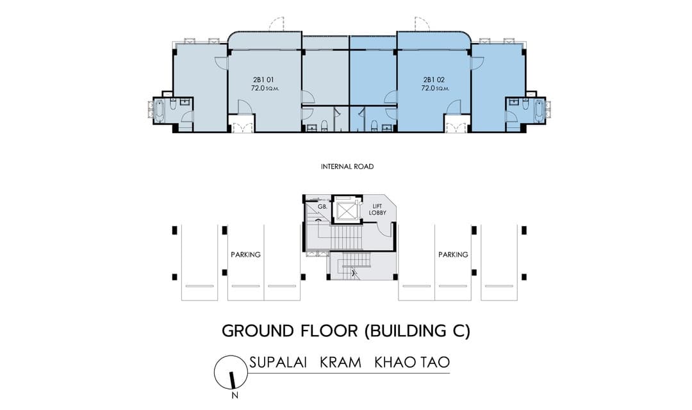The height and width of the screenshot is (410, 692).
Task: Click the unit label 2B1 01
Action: click(x=263, y=80)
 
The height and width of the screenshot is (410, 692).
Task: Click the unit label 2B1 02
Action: click(x=434, y=80)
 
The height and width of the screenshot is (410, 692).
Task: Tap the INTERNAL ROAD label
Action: click(x=347, y=167)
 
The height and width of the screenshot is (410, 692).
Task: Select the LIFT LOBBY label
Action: click(x=377, y=209)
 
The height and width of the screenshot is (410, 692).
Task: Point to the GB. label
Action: click(x=322, y=206)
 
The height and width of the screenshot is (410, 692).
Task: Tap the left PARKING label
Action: click(x=246, y=255)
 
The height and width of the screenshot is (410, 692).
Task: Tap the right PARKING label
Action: click(x=453, y=255)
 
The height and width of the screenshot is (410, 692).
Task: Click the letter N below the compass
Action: click(x=235, y=395)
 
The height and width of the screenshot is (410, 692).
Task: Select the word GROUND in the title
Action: click(x=258, y=331)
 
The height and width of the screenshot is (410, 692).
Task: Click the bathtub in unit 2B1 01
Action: click(x=160, y=110)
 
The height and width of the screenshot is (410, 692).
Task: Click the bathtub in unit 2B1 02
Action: click(x=540, y=110)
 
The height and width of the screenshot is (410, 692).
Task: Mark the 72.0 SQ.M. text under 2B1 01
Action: click(x=265, y=88)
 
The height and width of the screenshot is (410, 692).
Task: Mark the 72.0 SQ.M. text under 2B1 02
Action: click(x=435, y=88)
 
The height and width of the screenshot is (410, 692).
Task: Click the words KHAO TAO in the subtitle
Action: click(x=412, y=363)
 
